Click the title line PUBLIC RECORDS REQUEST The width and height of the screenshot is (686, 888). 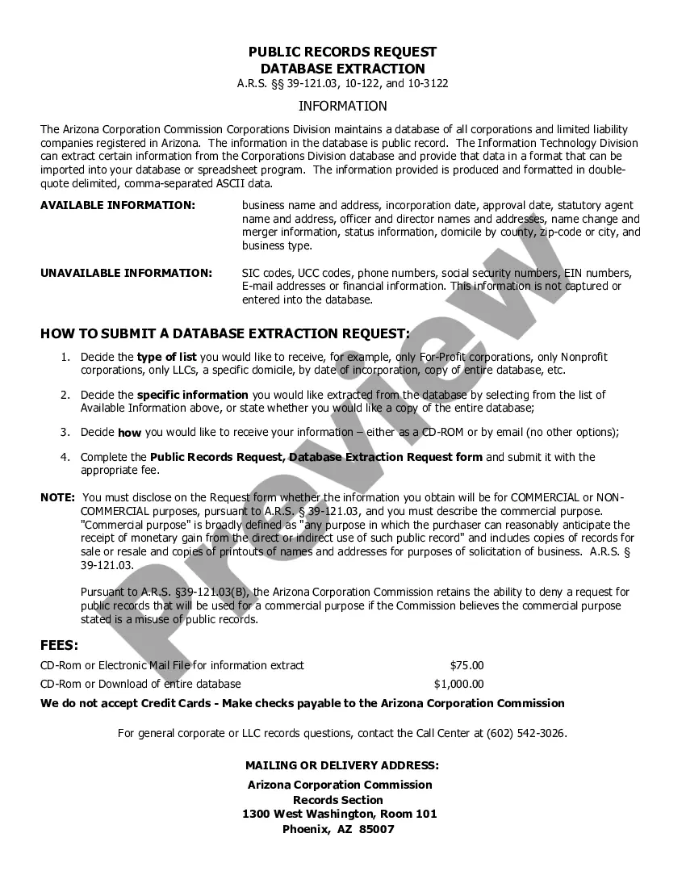342,52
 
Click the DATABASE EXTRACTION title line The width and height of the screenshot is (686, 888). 342,69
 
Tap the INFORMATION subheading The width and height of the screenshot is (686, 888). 342,106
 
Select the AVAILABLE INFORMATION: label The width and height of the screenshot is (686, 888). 118,205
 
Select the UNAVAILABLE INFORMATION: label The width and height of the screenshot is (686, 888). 126,273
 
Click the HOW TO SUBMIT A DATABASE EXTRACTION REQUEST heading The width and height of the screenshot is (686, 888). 224,333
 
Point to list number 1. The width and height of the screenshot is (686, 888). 65,357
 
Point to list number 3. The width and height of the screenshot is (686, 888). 65,432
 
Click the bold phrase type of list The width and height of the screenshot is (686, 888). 166,357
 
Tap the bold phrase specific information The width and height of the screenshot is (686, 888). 192,395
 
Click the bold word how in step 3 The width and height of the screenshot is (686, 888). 129,433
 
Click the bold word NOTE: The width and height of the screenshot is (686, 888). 57,497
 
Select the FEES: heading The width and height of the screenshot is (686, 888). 60,645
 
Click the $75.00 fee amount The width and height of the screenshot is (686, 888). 466,665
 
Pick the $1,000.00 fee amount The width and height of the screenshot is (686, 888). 458,684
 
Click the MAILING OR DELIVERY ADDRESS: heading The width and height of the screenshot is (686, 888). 342,764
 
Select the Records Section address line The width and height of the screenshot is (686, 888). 338,800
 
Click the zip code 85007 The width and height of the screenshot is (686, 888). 377,829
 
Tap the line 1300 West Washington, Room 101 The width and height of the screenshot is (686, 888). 339,814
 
